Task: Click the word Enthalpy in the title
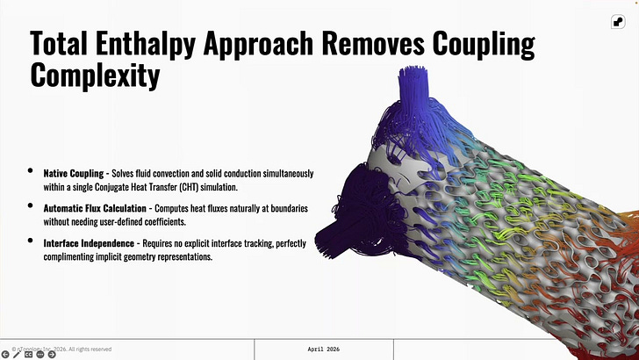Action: click(x=146, y=44)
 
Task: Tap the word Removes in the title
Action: click(x=373, y=42)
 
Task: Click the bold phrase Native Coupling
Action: click(x=74, y=173)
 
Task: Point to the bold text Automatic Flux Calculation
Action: click(x=95, y=208)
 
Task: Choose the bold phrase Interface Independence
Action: click(x=89, y=243)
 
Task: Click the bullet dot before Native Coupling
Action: click(x=30, y=171)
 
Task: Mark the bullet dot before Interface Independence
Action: click(x=30, y=241)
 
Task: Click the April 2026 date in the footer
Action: click(x=324, y=349)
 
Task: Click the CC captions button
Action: click(x=28, y=354)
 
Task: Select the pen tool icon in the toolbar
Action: click(x=17, y=354)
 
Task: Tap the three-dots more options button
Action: click(x=40, y=354)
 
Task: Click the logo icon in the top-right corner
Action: click(x=618, y=22)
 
